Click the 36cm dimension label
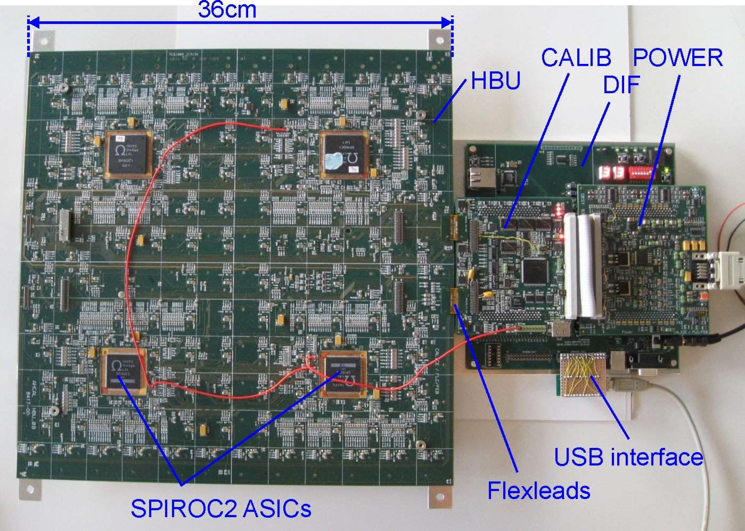[227, 10]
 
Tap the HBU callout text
[495, 81]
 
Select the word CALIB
[576, 58]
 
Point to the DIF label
[621, 84]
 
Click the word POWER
[678, 58]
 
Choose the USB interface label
[628, 457]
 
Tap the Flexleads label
[538, 490]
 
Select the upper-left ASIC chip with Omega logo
[129, 153]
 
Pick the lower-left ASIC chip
[124, 371]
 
